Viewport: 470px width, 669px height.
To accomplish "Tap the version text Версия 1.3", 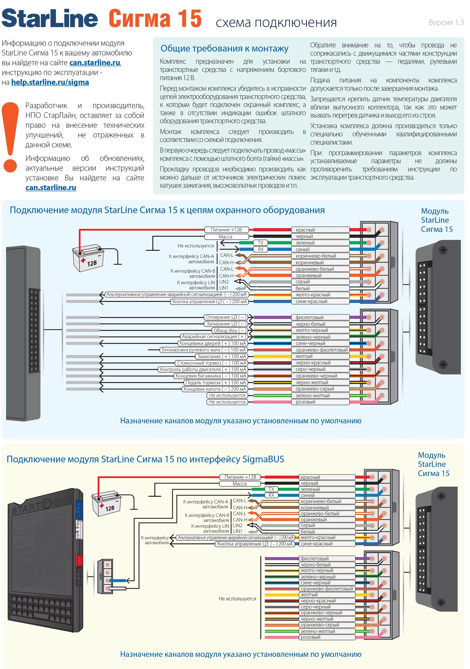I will click(446, 23).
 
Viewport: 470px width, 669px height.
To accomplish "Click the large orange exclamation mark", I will click(10, 137).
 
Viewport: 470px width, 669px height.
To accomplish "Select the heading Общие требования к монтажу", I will click(224, 48).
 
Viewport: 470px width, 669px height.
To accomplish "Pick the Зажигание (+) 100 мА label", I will click(222, 356).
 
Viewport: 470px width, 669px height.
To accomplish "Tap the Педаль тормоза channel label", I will click(216, 383).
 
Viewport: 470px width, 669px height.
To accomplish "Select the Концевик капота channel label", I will click(215, 389).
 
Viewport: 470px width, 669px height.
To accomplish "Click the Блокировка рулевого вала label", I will click(204, 350).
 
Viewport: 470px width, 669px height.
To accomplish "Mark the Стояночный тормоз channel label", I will click(211, 363).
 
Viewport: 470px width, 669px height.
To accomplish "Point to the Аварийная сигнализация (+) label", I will click(213, 337).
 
